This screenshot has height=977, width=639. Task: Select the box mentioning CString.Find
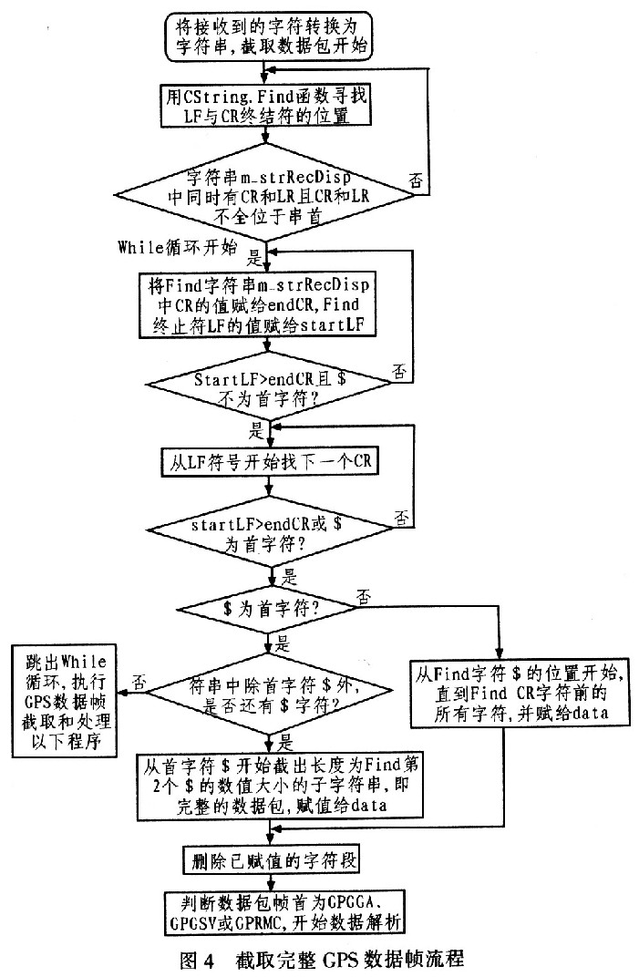click(266, 106)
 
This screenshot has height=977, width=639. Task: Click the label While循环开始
click(178, 247)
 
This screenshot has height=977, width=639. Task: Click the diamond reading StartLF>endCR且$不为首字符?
click(269, 387)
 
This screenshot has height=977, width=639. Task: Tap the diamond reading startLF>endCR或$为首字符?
click(269, 533)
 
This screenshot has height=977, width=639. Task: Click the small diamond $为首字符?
click(269, 609)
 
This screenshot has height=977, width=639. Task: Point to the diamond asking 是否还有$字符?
click(269, 695)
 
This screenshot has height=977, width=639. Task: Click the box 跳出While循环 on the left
click(65, 701)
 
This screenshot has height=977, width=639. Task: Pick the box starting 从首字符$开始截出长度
click(281, 785)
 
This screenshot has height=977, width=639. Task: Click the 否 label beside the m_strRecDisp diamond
click(416, 181)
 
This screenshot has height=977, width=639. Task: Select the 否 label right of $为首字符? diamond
click(364, 598)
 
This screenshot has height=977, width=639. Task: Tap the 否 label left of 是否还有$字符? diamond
click(139, 682)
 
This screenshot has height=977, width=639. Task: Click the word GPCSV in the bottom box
click(193, 923)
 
